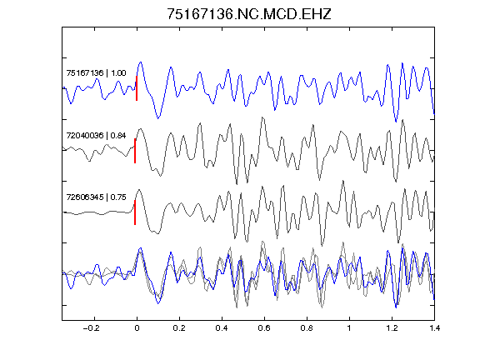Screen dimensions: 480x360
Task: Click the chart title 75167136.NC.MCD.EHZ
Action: pyautogui.click(x=249, y=14)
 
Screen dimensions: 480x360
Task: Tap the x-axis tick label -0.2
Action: pyautogui.click(x=91, y=328)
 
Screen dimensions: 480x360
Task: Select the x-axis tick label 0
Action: pyautogui.click(x=137, y=328)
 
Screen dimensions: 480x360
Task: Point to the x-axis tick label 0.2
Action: pyautogui.click(x=179, y=328)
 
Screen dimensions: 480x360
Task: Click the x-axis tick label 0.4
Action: pyautogui.click(x=222, y=328)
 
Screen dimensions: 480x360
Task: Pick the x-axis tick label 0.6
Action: pyautogui.click(x=264, y=328)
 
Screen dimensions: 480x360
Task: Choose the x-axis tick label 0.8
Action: pyautogui.click(x=307, y=328)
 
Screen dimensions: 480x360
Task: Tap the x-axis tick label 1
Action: pyautogui.click(x=349, y=328)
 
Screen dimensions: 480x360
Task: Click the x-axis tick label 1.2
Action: pyautogui.click(x=392, y=328)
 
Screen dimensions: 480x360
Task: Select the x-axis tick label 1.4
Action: pyautogui.click(x=434, y=328)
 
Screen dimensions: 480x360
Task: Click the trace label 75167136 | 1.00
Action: pyautogui.click(x=96, y=73)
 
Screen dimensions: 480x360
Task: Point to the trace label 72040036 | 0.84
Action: pyautogui.click(x=96, y=135)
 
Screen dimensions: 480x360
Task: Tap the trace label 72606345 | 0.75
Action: pyautogui.click(x=96, y=197)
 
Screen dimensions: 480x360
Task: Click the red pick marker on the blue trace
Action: pyautogui.click(x=137, y=88)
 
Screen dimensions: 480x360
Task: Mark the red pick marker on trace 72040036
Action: pyautogui.click(x=135, y=151)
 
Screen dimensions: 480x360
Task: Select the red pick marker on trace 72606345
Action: pyautogui.click(x=135, y=212)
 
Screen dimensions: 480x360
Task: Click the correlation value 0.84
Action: pyautogui.click(x=118, y=135)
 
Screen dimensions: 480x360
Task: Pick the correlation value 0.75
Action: pyautogui.click(x=118, y=197)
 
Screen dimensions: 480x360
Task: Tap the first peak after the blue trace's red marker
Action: pyautogui.click(x=141, y=62)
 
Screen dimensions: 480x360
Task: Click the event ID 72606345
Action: pyautogui.click(x=85, y=197)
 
